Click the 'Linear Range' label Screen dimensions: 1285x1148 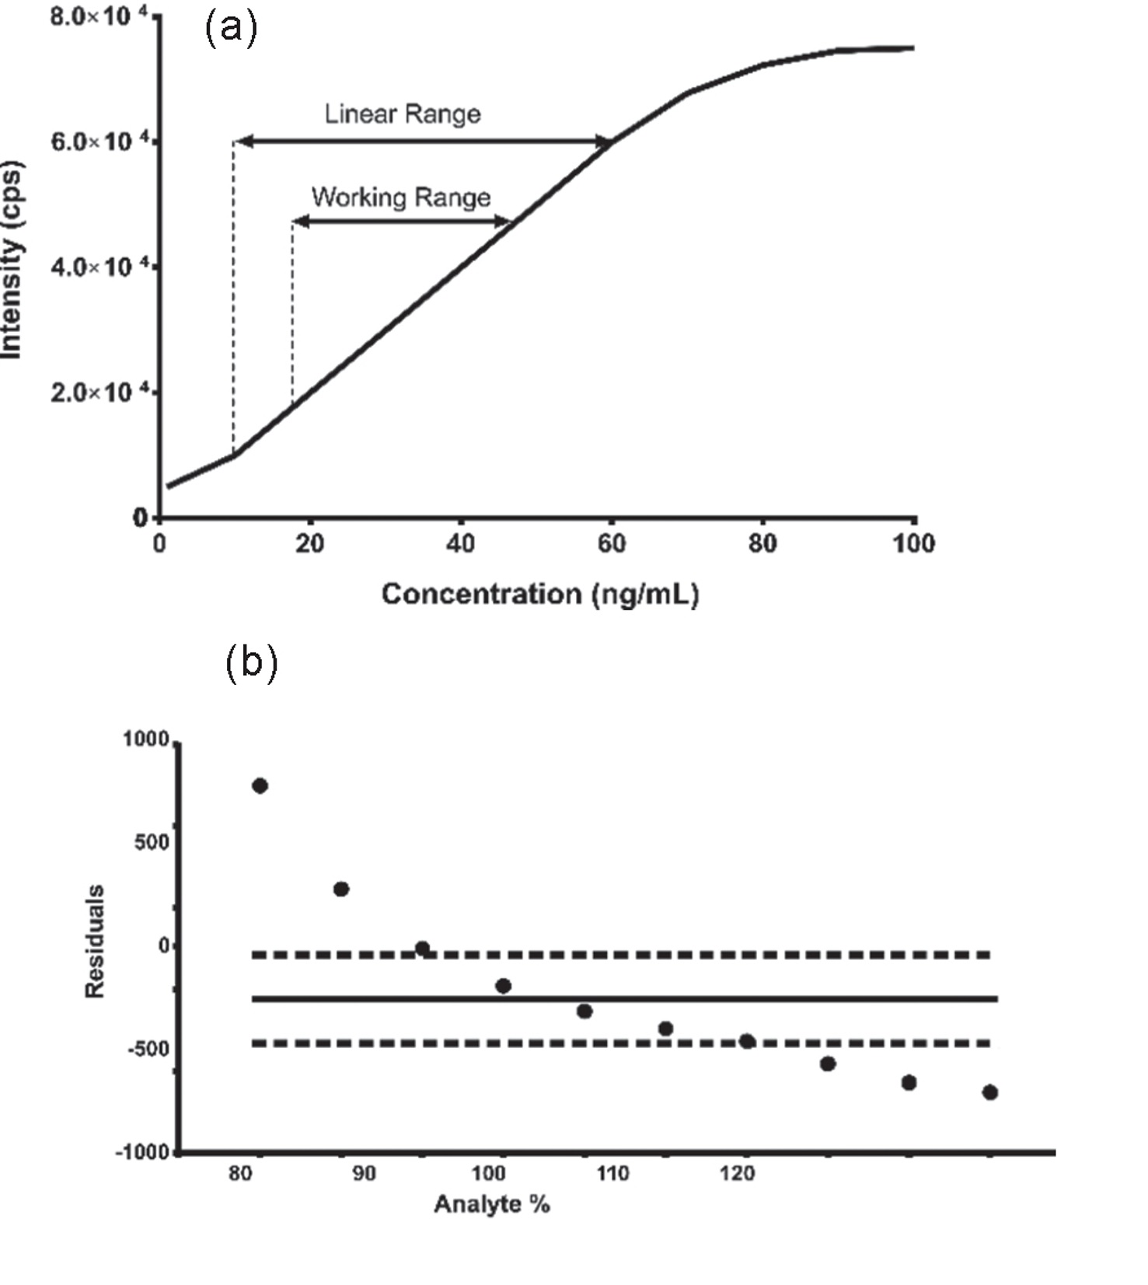[x=402, y=114]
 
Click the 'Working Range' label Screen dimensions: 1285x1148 [x=401, y=197]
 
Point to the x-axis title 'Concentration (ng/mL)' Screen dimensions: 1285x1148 [x=540, y=594]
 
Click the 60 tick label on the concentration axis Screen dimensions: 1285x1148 [x=612, y=543]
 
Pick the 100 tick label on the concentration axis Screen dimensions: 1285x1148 [x=913, y=543]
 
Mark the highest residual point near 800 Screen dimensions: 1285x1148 [x=260, y=786]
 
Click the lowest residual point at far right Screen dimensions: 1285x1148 [x=989, y=1092]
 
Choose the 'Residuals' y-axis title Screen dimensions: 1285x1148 [x=95, y=941]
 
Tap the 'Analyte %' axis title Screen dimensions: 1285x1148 [x=492, y=1204]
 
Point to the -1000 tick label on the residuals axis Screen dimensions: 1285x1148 [x=143, y=1152]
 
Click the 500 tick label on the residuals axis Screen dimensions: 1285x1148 [x=152, y=842]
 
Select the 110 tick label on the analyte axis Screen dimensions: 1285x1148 [x=612, y=1173]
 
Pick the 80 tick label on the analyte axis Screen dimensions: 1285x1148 [x=241, y=1173]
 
